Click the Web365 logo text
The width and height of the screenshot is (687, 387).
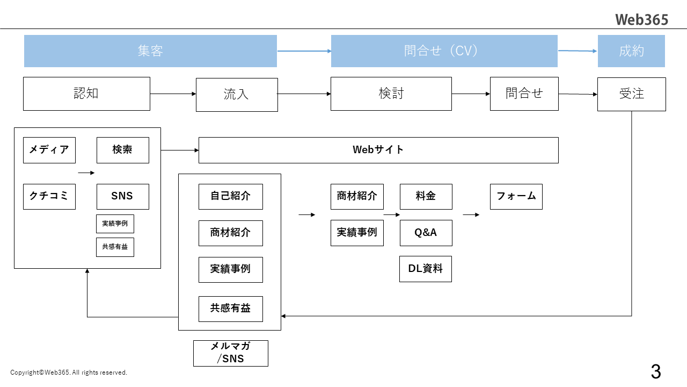point(641,19)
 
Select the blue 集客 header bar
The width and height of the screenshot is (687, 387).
point(150,51)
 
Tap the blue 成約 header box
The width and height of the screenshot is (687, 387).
point(631,51)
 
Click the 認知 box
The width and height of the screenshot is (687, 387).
point(86,94)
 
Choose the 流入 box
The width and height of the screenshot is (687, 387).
point(237,95)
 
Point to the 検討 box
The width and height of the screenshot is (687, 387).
point(391,94)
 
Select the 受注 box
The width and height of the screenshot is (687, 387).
point(631,94)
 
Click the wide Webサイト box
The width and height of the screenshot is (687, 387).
point(378,150)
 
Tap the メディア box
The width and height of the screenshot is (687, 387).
point(49,150)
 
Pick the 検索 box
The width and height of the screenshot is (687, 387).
point(122,150)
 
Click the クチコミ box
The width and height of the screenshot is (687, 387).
point(49,196)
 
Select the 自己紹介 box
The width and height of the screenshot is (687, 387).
point(230,196)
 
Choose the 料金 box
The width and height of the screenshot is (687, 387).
point(426,196)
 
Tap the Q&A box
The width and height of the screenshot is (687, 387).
point(426,233)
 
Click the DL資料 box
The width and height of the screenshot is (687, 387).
point(426,269)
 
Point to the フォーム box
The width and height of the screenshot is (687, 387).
point(516,196)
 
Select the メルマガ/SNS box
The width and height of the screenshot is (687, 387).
point(230,353)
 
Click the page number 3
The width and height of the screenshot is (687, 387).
point(655,371)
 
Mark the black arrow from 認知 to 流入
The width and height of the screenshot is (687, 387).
point(173,94)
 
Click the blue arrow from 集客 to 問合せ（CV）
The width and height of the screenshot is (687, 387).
point(304,51)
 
